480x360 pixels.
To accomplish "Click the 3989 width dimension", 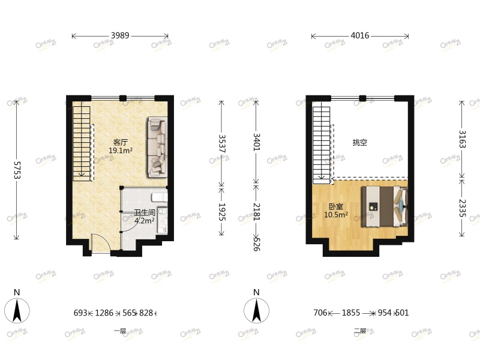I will (x=120, y=36).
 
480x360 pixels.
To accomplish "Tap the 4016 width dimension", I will (x=359, y=36).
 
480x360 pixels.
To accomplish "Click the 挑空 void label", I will (x=360, y=143).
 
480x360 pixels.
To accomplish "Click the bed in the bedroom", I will (x=384, y=206).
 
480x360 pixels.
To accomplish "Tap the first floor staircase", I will (x=82, y=141).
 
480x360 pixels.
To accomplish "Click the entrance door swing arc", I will (x=99, y=243).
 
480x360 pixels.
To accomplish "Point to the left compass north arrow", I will (x=17, y=310).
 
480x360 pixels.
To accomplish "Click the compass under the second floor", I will (x=256, y=310).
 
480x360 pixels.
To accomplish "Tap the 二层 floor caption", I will (x=359, y=331).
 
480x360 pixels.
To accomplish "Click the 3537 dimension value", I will (x=222, y=144).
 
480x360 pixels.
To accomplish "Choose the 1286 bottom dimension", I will (x=104, y=313).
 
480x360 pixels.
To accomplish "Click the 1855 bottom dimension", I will (x=351, y=313).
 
